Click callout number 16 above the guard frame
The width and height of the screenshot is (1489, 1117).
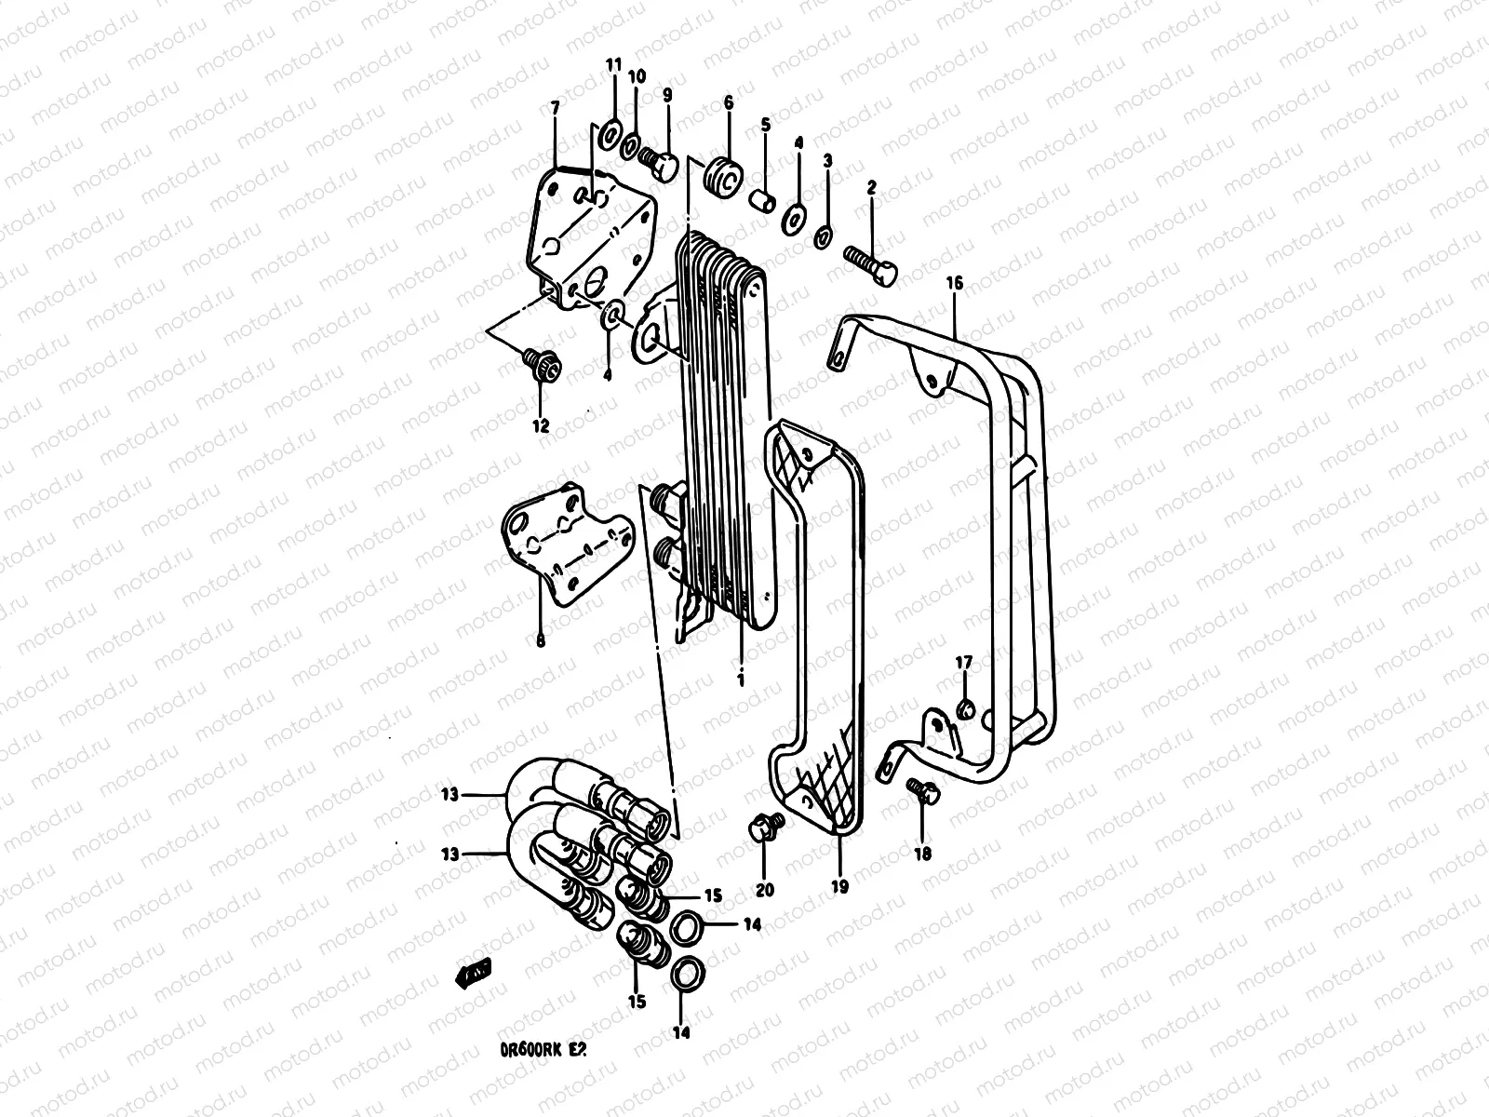pyautogui.click(x=955, y=282)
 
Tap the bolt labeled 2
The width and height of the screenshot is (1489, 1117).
pyautogui.click(x=871, y=262)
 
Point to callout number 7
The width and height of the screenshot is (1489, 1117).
pyautogui.click(x=555, y=109)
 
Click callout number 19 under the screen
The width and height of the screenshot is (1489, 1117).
pyautogui.click(x=838, y=887)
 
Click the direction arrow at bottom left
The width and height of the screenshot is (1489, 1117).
pyautogui.click(x=472, y=974)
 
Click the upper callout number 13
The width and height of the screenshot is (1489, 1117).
pyautogui.click(x=449, y=794)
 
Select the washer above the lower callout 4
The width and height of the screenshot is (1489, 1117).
pyautogui.click(x=612, y=316)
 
